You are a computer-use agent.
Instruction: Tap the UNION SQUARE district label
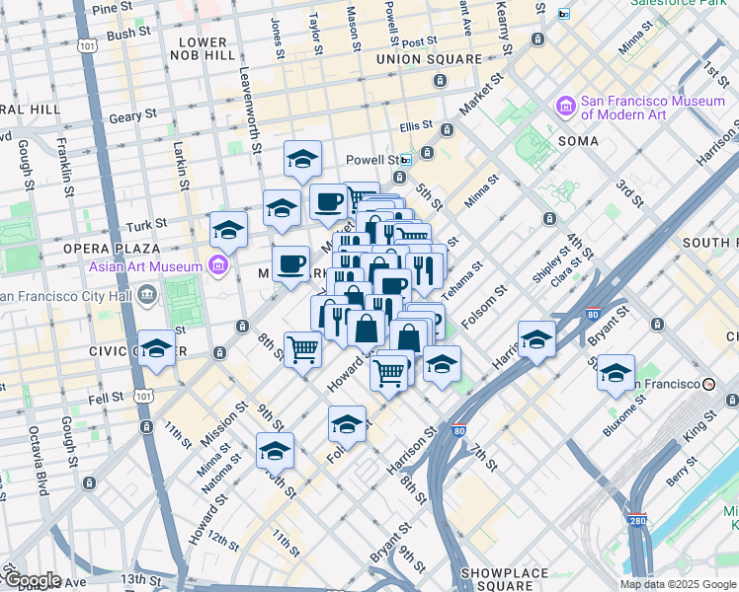[429, 59]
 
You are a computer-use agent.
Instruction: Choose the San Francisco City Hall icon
[146, 294]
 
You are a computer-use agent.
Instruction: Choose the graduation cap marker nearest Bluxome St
[616, 374]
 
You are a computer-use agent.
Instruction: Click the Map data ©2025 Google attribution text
[678, 584]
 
